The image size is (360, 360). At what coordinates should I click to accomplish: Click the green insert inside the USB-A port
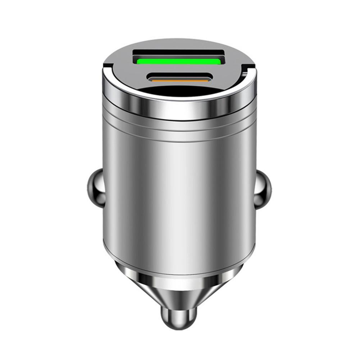click(x=179, y=61)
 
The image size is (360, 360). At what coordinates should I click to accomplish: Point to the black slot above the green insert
click(x=179, y=54)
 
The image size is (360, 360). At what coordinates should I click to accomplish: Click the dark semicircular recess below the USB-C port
click(x=179, y=91)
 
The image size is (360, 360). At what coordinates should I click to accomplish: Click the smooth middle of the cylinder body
click(x=179, y=194)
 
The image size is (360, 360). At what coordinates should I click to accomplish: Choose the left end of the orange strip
click(x=152, y=80)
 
